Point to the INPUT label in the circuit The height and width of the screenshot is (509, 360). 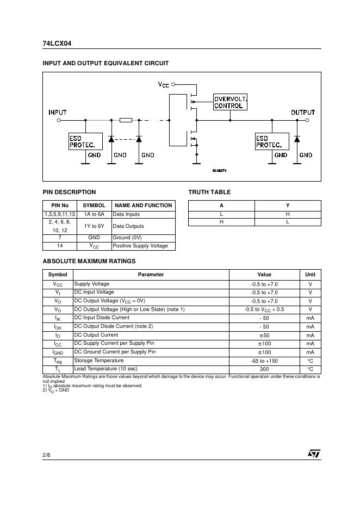pyautogui.click(x=58, y=113)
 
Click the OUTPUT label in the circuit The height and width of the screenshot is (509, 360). pyautogui.click(x=303, y=113)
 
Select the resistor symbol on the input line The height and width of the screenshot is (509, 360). pyautogui.click(x=126, y=120)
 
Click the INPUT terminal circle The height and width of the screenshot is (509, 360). pyautogui.click(x=59, y=120)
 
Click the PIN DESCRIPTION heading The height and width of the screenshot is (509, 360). pyautogui.click(x=69, y=192)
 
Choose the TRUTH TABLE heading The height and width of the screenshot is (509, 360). pyautogui.click(x=209, y=192)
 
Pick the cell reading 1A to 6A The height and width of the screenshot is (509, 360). pyautogui.click(x=94, y=214)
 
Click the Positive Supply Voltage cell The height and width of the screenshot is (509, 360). pyautogui.click(x=140, y=246)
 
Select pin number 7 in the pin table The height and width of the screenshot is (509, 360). pyautogui.click(x=60, y=238)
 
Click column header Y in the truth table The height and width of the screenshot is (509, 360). pyautogui.click(x=288, y=205)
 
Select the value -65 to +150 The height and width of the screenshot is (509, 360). pyautogui.click(x=264, y=361)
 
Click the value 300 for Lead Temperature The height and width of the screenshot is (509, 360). pyautogui.click(x=264, y=369)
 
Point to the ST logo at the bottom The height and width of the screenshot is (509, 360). pyautogui.click(x=314, y=453)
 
